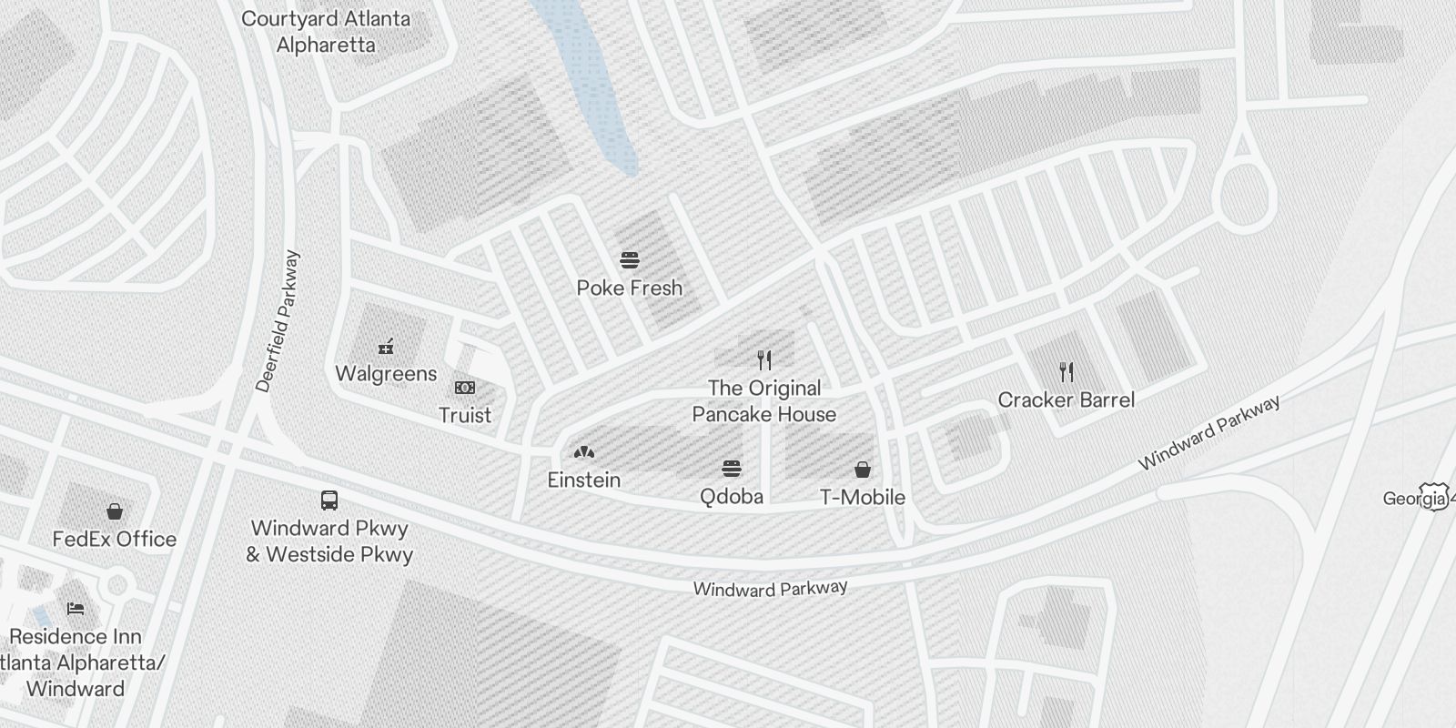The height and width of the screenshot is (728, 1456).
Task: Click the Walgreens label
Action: (x=386, y=373)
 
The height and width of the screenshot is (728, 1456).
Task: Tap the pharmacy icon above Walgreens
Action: (x=386, y=346)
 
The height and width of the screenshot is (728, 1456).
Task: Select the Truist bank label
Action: (x=464, y=415)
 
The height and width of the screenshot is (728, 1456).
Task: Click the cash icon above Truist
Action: (x=464, y=388)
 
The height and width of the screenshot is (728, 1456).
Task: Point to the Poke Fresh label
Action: (x=629, y=288)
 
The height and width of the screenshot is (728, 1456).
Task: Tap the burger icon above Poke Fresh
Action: (x=629, y=260)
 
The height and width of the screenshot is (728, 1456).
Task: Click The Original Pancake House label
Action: (x=763, y=400)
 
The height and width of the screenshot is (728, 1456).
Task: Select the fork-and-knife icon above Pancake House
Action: (x=764, y=360)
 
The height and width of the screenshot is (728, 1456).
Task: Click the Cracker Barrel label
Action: (x=1066, y=399)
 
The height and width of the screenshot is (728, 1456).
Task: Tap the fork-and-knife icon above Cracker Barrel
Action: (x=1067, y=371)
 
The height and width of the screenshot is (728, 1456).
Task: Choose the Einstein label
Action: (x=583, y=480)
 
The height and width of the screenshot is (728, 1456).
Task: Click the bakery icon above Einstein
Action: (x=583, y=451)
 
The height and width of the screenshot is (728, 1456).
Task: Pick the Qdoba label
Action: (x=731, y=496)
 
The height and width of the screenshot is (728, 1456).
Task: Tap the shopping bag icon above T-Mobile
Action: (x=863, y=470)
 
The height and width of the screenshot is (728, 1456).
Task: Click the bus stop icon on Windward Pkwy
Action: (x=329, y=500)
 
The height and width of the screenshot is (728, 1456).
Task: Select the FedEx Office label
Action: (x=115, y=539)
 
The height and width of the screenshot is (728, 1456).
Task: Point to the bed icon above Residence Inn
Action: (x=76, y=608)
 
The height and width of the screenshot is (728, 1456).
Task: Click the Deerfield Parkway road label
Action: (x=278, y=321)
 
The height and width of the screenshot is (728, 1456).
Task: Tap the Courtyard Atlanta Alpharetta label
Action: (x=325, y=31)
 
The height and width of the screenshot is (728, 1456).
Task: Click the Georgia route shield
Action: (x=1433, y=497)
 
